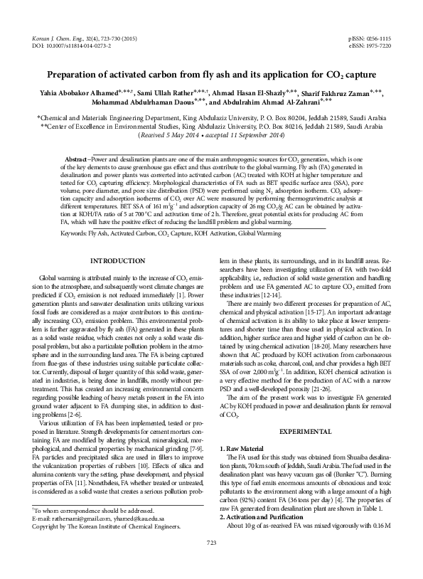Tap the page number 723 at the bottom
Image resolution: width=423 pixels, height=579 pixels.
click(x=211, y=563)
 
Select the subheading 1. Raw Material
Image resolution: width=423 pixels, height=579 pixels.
click(x=245, y=430)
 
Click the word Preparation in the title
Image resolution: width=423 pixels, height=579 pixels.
click(x=84, y=74)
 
